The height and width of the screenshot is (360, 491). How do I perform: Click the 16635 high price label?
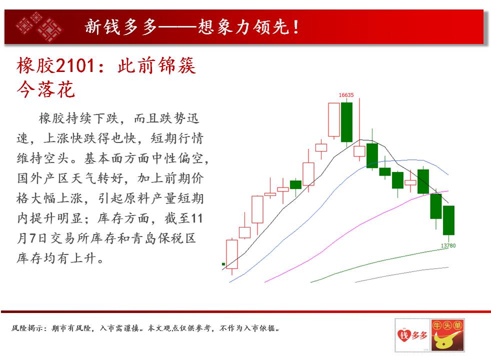pyautogui.click(x=346, y=95)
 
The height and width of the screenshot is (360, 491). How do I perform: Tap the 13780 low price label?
pyautogui.click(x=448, y=245)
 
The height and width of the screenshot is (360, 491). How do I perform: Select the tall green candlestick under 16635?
pyautogui.click(x=346, y=122)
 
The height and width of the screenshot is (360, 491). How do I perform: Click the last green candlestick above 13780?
pyautogui.click(x=448, y=220)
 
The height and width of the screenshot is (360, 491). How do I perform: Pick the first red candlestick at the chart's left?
pyautogui.click(x=232, y=254)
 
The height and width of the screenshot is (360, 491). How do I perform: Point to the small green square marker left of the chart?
pyautogui.click(x=223, y=264)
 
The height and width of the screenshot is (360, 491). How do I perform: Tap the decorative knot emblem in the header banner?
pyautogui.click(x=39, y=27)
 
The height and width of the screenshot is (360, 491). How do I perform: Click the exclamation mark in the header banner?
pyautogui.click(x=296, y=27)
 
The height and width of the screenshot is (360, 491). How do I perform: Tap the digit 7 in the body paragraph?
pyautogui.click(x=33, y=238)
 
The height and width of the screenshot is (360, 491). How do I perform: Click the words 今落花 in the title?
pyautogui.click(x=45, y=89)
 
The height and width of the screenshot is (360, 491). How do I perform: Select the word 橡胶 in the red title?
pyautogui.click(x=36, y=66)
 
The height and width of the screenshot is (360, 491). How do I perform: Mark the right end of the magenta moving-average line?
pyautogui.click(x=448, y=190)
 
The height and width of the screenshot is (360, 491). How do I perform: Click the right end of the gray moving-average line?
pyautogui.click(x=448, y=267)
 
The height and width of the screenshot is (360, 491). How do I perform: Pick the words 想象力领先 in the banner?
pyautogui.click(x=243, y=27)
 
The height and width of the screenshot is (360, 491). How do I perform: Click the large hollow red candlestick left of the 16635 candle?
pyautogui.click(x=334, y=120)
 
